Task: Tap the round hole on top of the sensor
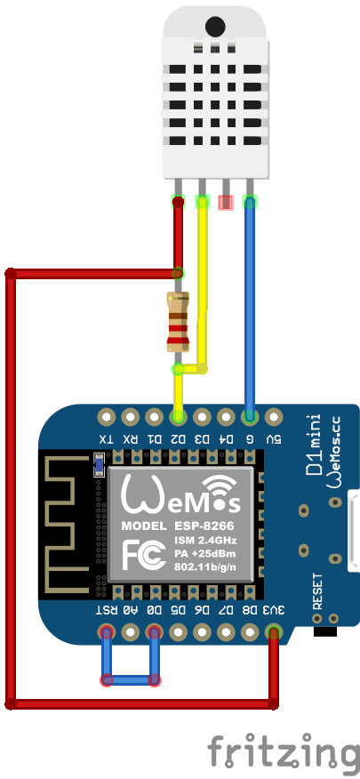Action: pyautogui.click(x=214, y=28)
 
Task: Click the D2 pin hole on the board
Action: pyautogui.click(x=179, y=415)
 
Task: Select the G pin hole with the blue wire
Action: pyautogui.click(x=250, y=415)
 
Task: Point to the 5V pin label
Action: pyautogui.click(x=274, y=438)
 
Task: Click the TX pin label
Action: pyautogui.click(x=107, y=438)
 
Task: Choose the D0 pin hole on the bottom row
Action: pyautogui.click(x=155, y=633)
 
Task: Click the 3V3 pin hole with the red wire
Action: pyautogui.click(x=274, y=633)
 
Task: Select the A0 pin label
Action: pyautogui.click(x=131, y=611)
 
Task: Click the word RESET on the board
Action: pyautogui.click(x=317, y=591)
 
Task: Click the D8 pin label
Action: pyautogui.click(x=250, y=611)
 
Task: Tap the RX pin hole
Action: pyautogui.click(x=131, y=415)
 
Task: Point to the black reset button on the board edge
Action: pyautogui.click(x=326, y=632)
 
